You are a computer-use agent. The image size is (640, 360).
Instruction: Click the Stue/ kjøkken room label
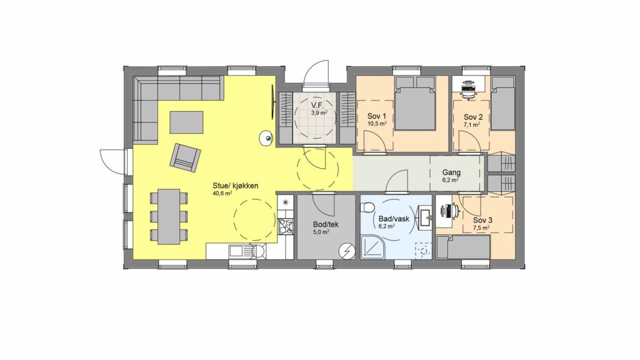pyautogui.click(x=235, y=186)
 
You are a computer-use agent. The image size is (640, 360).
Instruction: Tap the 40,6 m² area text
pyautogui.click(x=222, y=194)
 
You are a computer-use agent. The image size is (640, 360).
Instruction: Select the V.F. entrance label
pyautogui.click(x=317, y=105)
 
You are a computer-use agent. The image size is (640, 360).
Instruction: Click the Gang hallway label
pyautogui.click(x=451, y=172)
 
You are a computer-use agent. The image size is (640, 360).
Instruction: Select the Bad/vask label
pyautogui.click(x=394, y=219)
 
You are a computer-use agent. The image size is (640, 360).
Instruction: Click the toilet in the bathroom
pyautogui.click(x=367, y=208)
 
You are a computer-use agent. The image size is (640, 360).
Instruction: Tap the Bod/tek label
pyautogui.click(x=326, y=224)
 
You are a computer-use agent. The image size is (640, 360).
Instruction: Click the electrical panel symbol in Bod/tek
pyautogui.click(x=347, y=250)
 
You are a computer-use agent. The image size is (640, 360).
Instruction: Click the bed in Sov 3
pyautogui.click(x=463, y=247)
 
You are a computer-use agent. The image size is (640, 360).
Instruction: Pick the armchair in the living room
pyautogui.click(x=185, y=157)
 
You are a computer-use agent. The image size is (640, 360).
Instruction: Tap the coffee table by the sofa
pyautogui.click(x=186, y=122)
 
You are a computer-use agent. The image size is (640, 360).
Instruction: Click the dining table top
pyautogui.click(x=169, y=216)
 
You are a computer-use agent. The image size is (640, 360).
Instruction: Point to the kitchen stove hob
pyautogui.click(x=285, y=226)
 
